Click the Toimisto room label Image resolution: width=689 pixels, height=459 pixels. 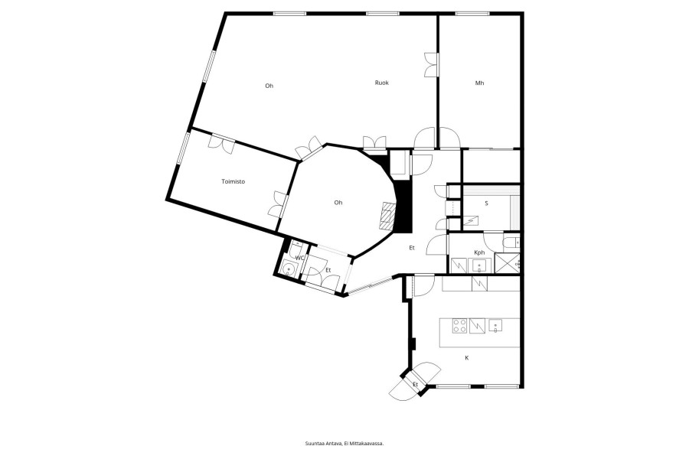[x=233, y=181]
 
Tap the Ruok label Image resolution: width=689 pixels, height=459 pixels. [x=381, y=83]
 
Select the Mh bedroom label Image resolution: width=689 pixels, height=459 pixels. [x=479, y=83]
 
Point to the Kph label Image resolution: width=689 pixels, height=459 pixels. [x=479, y=252]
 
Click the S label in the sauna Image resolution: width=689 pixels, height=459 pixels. [x=486, y=203]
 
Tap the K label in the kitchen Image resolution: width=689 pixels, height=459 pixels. [x=467, y=358]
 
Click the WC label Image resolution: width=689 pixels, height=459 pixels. [x=299, y=258]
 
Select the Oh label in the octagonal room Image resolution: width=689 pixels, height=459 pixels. [x=338, y=203]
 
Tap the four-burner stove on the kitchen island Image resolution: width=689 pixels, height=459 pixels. [x=460, y=326]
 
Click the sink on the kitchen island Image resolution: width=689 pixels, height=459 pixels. [x=495, y=325]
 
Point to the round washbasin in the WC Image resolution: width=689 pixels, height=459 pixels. [x=289, y=267]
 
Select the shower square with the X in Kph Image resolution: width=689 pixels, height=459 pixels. [x=507, y=263]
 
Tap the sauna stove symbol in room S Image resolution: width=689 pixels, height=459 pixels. [x=472, y=221]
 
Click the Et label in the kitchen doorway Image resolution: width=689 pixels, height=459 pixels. [x=415, y=384]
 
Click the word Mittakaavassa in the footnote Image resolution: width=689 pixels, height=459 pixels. [x=368, y=444]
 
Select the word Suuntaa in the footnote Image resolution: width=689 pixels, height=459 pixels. [x=314, y=444]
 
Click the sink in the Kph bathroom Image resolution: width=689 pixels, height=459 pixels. [x=478, y=265]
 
